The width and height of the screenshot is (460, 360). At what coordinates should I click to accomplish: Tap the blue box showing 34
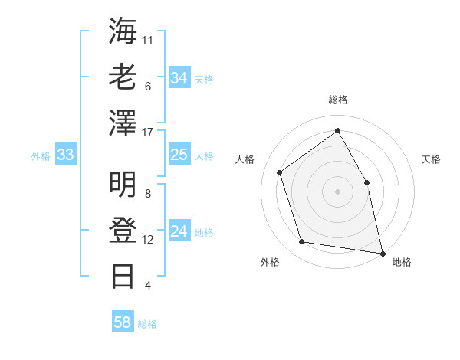point(179,77)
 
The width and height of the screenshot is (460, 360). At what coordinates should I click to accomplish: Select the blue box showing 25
point(179,155)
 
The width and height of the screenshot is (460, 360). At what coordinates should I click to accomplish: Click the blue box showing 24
point(179,231)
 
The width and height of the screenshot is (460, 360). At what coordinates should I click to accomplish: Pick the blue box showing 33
point(66,155)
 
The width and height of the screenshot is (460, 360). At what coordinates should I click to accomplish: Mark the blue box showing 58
point(123,322)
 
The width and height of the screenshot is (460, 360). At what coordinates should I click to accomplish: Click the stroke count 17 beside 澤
point(148,133)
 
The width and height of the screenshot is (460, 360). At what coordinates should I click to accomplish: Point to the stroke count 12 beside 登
point(148,240)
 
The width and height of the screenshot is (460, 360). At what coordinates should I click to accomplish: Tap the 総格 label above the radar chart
point(338,100)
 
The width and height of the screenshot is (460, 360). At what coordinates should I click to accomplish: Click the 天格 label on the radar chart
point(431,159)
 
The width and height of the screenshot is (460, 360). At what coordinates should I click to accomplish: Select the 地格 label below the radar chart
point(402,262)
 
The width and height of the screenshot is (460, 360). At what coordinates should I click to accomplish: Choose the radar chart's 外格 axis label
point(270,262)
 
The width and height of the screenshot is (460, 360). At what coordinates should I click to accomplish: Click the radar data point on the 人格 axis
point(280,172)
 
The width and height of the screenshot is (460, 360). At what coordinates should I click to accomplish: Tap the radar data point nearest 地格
point(382,252)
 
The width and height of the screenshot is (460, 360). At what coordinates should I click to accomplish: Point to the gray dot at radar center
point(337,191)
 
